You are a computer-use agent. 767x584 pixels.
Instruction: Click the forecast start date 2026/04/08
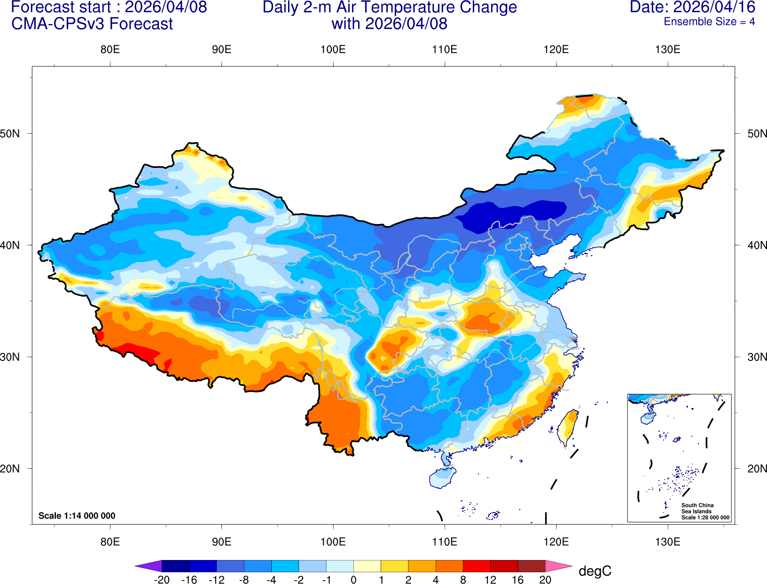[165, 8]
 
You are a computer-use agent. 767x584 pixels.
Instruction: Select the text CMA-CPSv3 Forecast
[92, 24]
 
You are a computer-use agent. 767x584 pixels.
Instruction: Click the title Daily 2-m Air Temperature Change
[390, 8]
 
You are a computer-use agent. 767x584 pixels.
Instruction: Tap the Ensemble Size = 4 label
[709, 22]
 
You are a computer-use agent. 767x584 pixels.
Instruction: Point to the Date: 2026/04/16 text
[692, 8]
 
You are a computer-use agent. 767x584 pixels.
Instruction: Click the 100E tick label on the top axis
[333, 49]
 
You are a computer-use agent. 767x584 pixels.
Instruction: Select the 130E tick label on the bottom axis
[667, 542]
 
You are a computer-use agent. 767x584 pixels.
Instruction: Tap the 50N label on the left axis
[10, 134]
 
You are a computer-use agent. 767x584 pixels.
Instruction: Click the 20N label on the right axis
[757, 469]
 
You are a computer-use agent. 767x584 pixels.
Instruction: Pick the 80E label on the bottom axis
[110, 542]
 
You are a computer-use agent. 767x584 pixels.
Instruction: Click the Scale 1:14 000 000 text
[77, 516]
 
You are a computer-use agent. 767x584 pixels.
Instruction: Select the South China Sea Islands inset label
[697, 508]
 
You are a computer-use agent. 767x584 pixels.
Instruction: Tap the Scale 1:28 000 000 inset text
[705, 518]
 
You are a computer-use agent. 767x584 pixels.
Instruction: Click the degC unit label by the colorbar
[595, 571]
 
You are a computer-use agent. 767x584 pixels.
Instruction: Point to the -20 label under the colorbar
[162, 580]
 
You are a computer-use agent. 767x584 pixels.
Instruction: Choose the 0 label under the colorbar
[353, 580]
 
